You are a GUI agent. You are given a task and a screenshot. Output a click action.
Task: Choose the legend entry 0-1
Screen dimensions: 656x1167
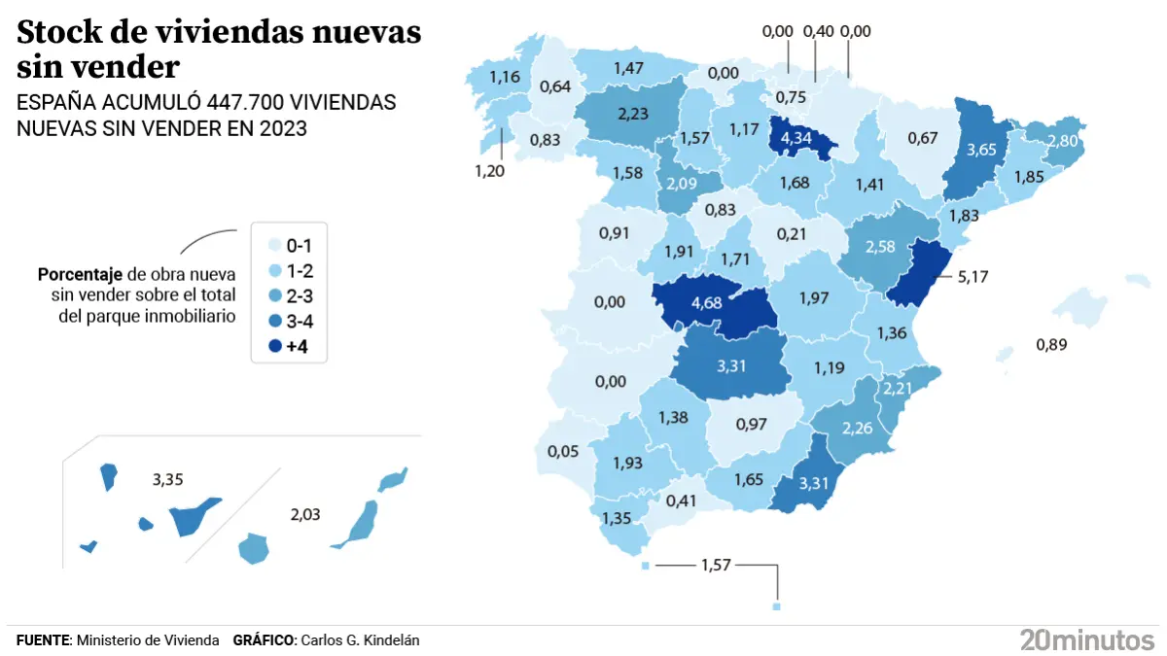[x=289, y=244]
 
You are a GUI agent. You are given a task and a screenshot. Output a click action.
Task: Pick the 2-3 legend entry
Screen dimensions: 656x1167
[x=289, y=294]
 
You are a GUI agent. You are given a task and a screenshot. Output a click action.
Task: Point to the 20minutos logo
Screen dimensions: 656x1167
[x=1086, y=639]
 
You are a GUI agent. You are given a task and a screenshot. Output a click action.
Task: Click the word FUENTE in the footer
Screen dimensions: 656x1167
[x=44, y=639]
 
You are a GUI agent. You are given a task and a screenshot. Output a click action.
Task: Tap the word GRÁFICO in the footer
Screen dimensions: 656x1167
[x=264, y=639]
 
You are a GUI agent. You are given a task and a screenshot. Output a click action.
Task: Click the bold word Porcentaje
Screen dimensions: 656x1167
[x=80, y=274]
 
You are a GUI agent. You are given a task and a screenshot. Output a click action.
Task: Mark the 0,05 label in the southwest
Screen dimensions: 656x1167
[x=564, y=451]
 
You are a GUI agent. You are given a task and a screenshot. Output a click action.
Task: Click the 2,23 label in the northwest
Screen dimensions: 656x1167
[x=633, y=113]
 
